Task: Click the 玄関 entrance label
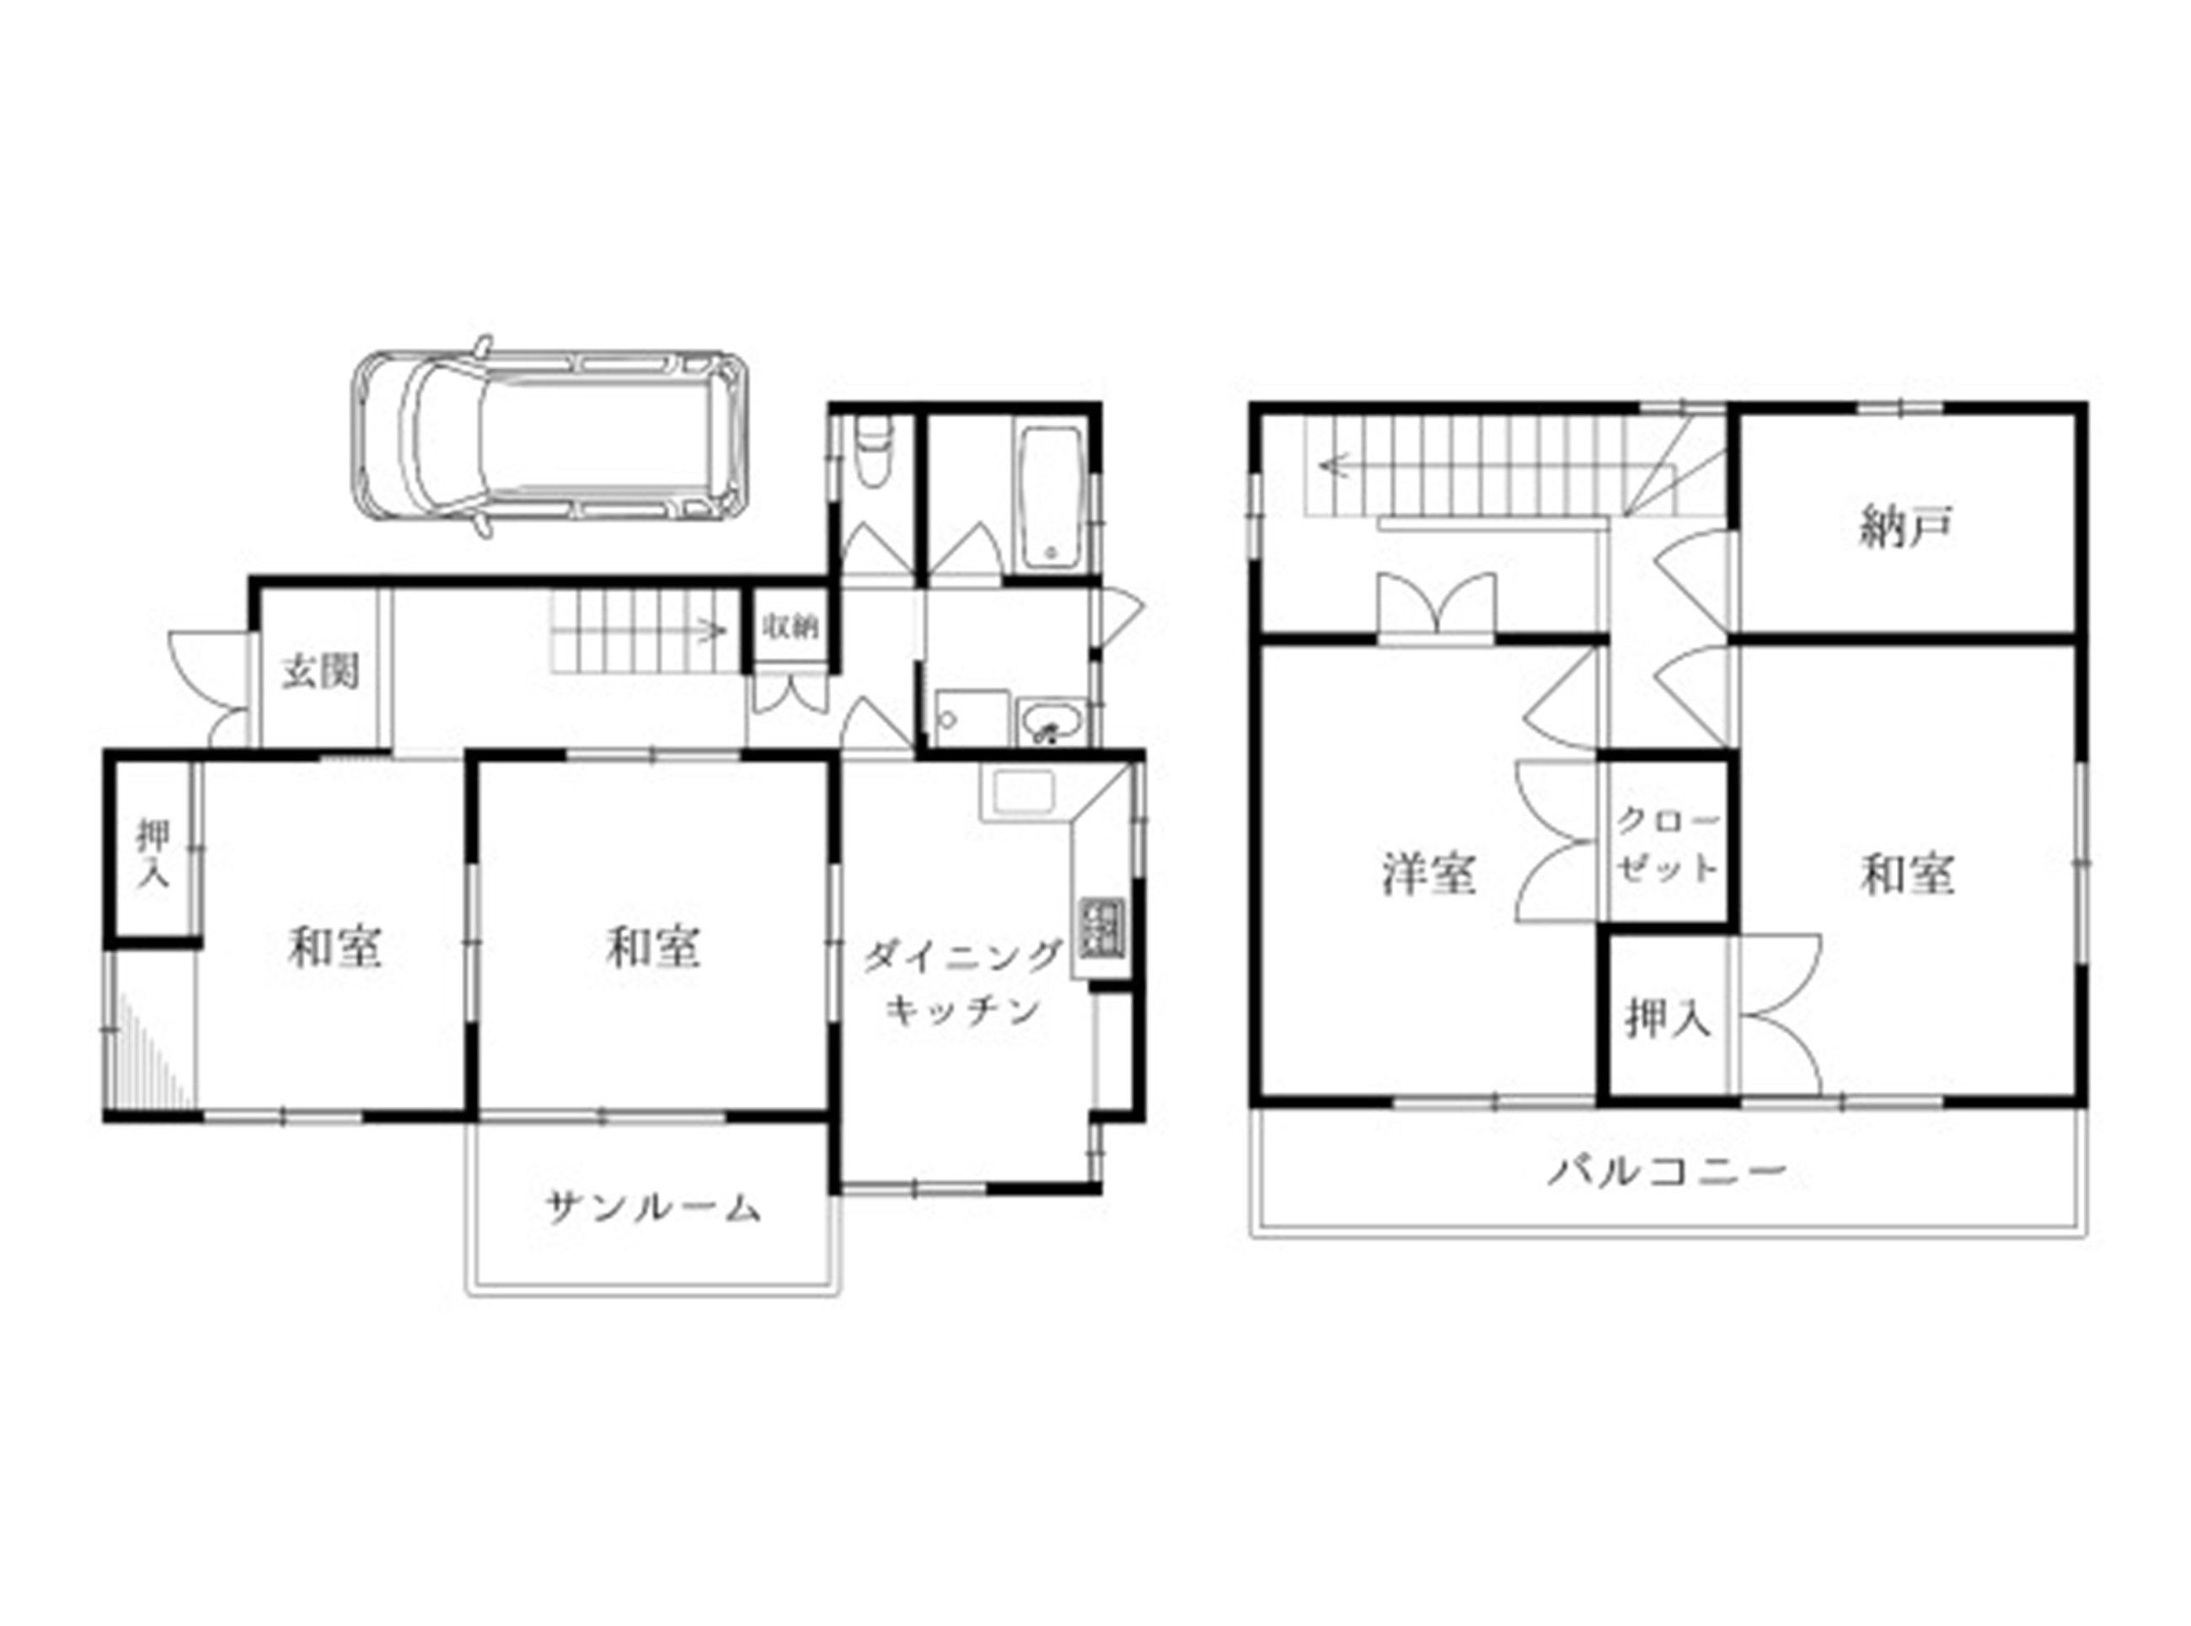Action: tap(321, 671)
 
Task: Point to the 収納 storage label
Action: tap(790, 627)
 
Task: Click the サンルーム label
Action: tap(652, 1206)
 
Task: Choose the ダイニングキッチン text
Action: tap(962, 982)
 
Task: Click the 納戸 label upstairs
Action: tap(1905, 527)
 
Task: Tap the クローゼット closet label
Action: tap(1666, 844)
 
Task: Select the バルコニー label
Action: tap(1665, 1171)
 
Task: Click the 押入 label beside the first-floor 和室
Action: tap(153, 853)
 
